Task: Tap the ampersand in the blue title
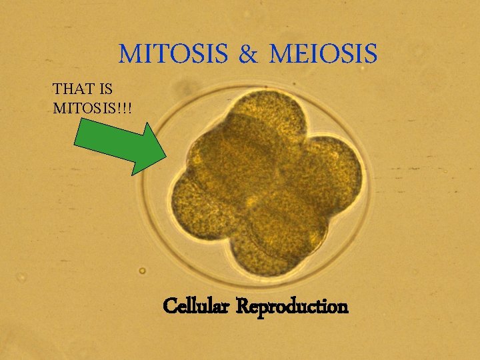pyautogui.click(x=247, y=54)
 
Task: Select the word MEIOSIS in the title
pyautogui.click(x=323, y=53)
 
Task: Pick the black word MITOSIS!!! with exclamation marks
pyautogui.click(x=91, y=107)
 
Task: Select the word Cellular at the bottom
pyautogui.click(x=197, y=307)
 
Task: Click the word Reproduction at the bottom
pyautogui.click(x=293, y=307)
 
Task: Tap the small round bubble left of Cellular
pyautogui.click(x=142, y=271)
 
